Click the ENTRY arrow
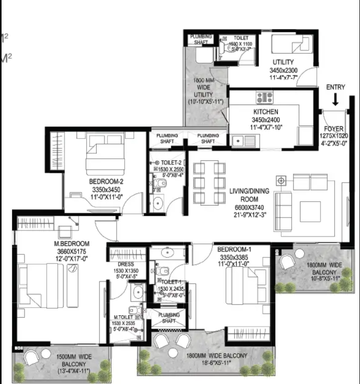click(x=335, y=99)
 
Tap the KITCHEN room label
click(x=265, y=112)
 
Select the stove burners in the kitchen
click(x=264, y=97)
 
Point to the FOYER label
click(x=333, y=129)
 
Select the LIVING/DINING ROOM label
click(x=249, y=195)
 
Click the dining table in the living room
click(x=209, y=183)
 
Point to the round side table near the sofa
click(x=281, y=180)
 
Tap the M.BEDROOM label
click(x=72, y=244)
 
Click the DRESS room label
click(x=126, y=264)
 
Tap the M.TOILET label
click(x=123, y=316)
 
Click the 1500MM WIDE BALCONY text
click(x=74, y=356)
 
